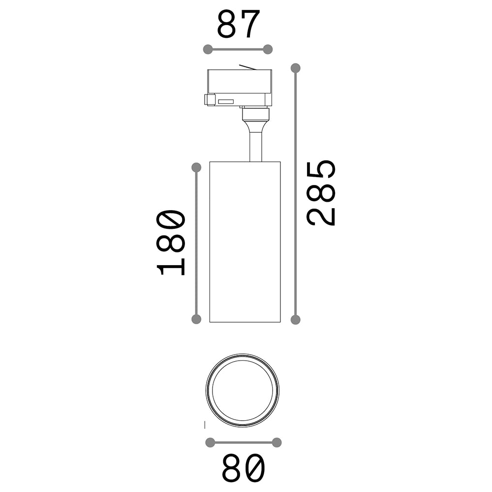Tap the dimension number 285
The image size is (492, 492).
pyautogui.click(x=321, y=192)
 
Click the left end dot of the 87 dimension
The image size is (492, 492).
pyautogui.click(x=208, y=49)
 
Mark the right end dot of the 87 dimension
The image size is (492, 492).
pyautogui.click(x=268, y=49)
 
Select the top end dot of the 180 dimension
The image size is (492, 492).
pyautogui.click(x=196, y=168)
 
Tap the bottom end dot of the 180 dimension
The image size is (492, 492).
pyautogui.click(x=196, y=319)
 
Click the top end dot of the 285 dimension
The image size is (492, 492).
pyautogui.click(x=295, y=68)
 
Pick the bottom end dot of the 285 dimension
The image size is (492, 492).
pyautogui.click(x=295, y=320)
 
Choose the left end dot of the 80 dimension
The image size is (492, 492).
pyautogui.click(x=211, y=442)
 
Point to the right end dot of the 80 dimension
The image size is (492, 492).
pyautogui.click(x=277, y=442)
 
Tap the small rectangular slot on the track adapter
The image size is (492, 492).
pyautogui.click(x=226, y=102)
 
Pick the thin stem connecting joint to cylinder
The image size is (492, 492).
pyautogui.click(x=255, y=145)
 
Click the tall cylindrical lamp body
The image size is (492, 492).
pyautogui.click(x=245, y=241)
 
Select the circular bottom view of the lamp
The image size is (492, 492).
pyautogui.click(x=243, y=390)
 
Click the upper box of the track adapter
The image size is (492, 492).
pyautogui.click(x=239, y=82)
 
